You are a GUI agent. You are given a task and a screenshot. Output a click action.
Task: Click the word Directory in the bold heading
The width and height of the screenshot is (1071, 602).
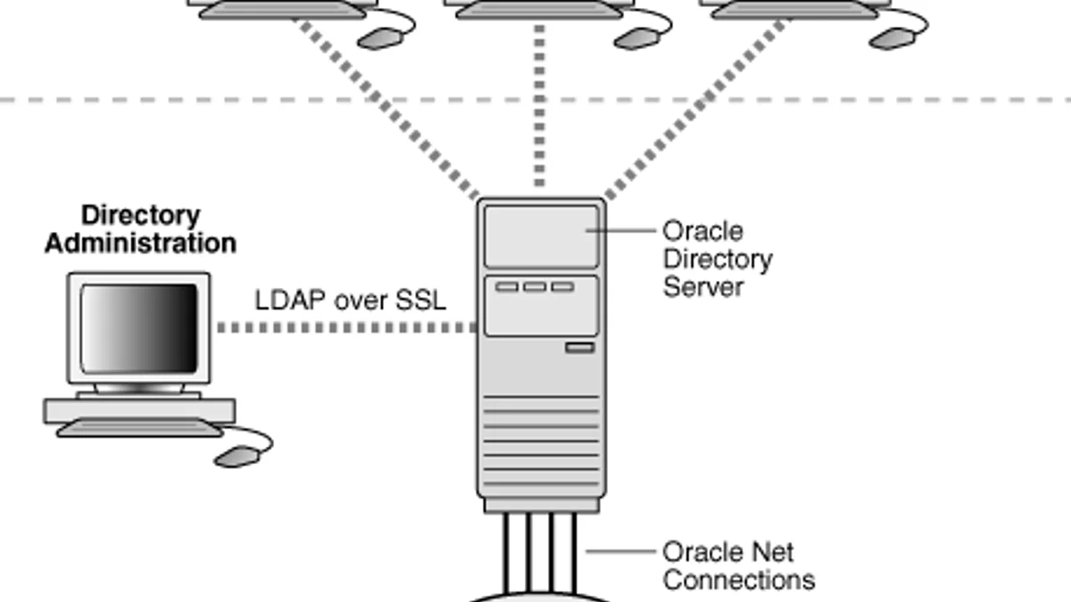(141, 216)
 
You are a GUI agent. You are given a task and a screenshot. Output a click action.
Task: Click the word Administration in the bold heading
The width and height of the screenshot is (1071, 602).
(141, 243)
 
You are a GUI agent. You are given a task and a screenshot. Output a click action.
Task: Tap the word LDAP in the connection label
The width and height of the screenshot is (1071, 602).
(291, 301)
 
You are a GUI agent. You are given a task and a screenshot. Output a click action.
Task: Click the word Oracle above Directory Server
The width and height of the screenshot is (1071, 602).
(703, 231)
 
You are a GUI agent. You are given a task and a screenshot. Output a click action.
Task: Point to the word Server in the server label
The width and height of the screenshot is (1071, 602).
(703, 287)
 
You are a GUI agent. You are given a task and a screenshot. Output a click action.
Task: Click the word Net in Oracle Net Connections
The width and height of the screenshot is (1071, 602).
(772, 552)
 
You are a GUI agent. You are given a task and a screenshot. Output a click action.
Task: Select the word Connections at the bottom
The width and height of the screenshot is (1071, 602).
(739, 580)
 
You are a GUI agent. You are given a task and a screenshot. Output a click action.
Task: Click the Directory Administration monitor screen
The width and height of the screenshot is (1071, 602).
(138, 328)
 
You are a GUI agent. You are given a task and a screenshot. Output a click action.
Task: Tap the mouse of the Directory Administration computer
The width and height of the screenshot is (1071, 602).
(237, 457)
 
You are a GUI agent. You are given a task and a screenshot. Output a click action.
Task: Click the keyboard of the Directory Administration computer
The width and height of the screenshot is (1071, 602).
(139, 427)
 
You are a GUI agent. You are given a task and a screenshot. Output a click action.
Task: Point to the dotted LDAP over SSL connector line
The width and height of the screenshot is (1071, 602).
(347, 328)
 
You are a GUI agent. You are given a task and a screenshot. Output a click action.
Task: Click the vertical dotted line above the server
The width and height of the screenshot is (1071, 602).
(540, 105)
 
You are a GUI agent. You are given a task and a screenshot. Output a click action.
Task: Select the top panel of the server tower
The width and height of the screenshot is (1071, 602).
(541, 236)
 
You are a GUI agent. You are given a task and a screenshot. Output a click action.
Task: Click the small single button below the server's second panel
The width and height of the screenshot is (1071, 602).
(580, 347)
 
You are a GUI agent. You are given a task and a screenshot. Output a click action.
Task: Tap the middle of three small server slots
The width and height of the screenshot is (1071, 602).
(535, 286)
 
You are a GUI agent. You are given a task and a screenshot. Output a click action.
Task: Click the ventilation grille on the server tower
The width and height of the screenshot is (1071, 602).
(541, 441)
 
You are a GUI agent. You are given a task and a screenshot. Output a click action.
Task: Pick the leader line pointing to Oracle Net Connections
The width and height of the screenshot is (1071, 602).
(621, 551)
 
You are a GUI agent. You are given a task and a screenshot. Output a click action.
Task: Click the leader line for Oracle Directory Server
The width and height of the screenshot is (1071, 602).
(621, 230)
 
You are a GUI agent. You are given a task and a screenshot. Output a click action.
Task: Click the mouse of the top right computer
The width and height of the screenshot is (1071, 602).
(892, 38)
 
